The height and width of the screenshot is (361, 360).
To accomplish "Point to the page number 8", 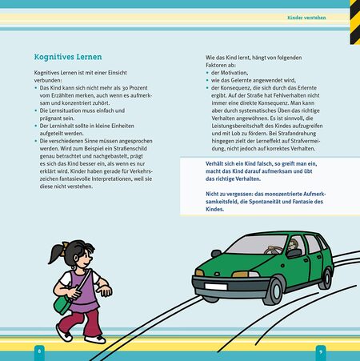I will point(38,351).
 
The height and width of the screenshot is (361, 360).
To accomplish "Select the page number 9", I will point(320,351).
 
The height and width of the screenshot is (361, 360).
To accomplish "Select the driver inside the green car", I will point(293,245).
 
